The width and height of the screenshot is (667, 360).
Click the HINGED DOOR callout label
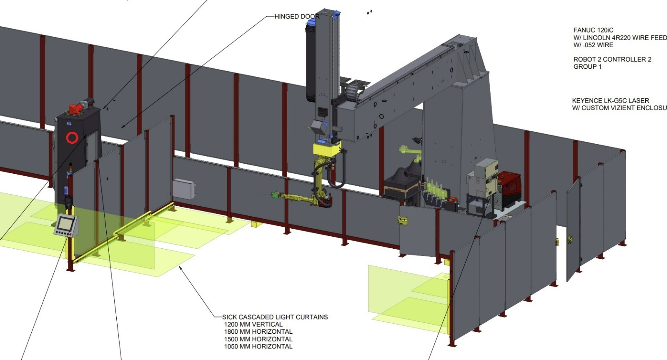click(x=297, y=17)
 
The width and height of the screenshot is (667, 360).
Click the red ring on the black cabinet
click(x=72, y=137)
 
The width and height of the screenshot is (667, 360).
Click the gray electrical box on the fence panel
click(x=184, y=189)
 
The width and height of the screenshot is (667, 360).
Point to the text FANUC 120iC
click(x=593, y=30)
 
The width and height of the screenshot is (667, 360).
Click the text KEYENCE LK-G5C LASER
click(x=610, y=100)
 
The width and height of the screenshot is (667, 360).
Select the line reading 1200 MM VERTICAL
click(x=253, y=324)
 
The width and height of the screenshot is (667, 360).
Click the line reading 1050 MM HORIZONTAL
click(x=258, y=346)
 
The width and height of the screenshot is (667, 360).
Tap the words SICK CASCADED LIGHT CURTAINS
click(x=275, y=317)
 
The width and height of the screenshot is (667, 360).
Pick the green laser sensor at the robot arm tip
click(x=275, y=194)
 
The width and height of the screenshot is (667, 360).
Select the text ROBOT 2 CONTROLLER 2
click(x=612, y=59)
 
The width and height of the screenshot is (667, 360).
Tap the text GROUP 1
click(x=587, y=67)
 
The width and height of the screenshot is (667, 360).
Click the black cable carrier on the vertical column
click(x=312, y=62)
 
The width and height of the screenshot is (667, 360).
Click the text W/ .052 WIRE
click(x=593, y=45)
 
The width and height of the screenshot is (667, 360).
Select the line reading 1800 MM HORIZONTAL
click(x=258, y=332)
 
